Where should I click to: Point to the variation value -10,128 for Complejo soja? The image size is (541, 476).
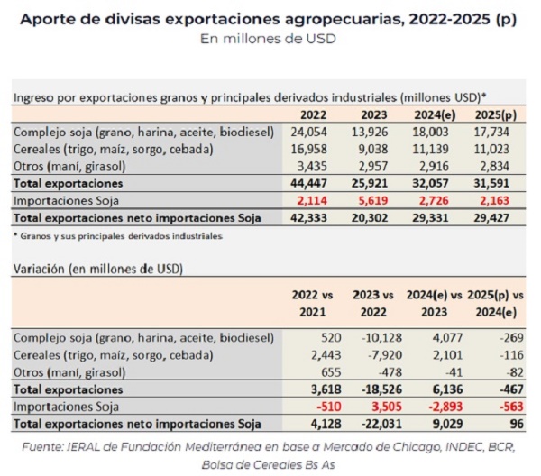point(379,337)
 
